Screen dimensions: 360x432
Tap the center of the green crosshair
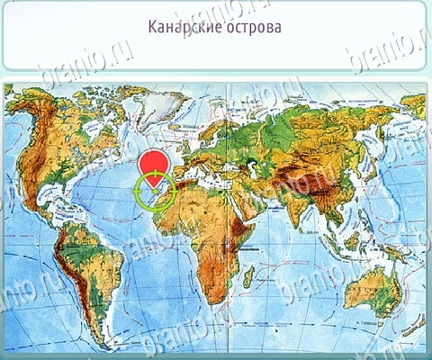(153, 190)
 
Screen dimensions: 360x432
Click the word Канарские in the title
(181, 26)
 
